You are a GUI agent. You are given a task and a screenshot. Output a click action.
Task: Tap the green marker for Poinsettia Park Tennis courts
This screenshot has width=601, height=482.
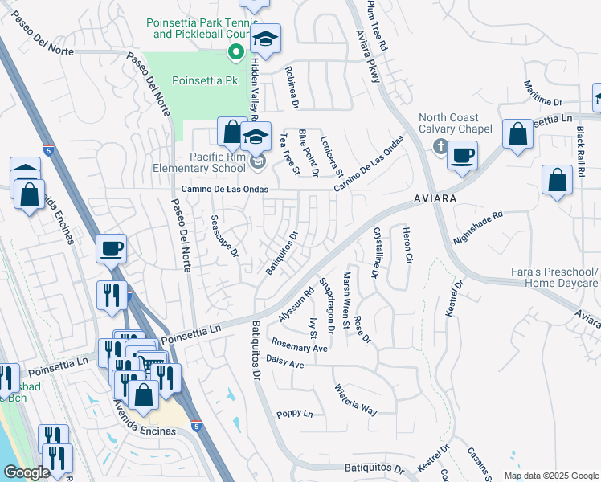pos(236,54)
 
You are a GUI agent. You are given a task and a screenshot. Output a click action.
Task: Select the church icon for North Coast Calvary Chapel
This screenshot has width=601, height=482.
pos(439,147)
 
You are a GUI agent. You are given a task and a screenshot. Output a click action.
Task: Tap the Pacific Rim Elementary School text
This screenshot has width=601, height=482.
pos(200,163)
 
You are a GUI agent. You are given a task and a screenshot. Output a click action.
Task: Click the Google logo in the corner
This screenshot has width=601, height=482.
pos(27,472)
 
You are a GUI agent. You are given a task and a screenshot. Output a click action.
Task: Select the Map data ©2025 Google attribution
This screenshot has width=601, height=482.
pos(551,476)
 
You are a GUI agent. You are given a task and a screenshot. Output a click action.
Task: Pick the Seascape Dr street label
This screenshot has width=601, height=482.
pos(224,235)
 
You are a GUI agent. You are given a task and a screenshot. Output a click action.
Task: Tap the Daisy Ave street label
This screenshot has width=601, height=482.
pos(284,364)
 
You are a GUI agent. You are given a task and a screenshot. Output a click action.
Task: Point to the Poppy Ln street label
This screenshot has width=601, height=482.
pos(294,414)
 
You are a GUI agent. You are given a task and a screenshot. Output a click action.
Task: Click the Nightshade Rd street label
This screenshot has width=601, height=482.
pos(477,227)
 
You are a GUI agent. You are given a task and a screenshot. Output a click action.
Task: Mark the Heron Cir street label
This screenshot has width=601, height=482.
pos(407,246)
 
